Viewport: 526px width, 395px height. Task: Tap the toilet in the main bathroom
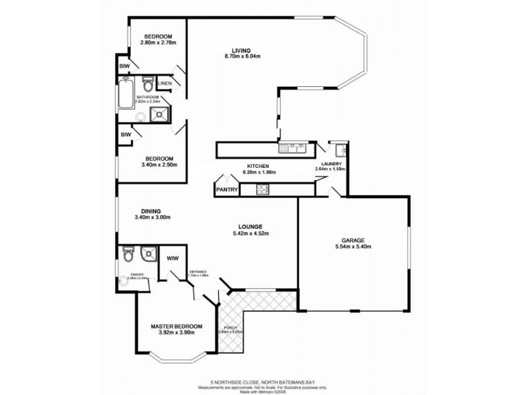coord(148,86)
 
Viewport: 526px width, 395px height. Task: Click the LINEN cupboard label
coord(164,84)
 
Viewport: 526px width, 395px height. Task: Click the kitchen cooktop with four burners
coord(261,190)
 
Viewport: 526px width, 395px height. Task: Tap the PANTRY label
coord(226,190)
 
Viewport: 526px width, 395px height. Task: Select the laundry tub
coord(335,147)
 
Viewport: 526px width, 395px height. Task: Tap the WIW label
coord(174,258)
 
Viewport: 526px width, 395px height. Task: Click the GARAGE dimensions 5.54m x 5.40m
coord(352,248)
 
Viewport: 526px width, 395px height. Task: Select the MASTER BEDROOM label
coord(176,327)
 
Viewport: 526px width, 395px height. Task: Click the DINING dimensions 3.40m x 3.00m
coord(153,218)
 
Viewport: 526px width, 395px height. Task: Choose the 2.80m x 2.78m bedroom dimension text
coord(158,43)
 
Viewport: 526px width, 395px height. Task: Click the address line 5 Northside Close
coord(261,381)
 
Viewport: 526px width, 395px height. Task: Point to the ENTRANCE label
coord(199,271)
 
